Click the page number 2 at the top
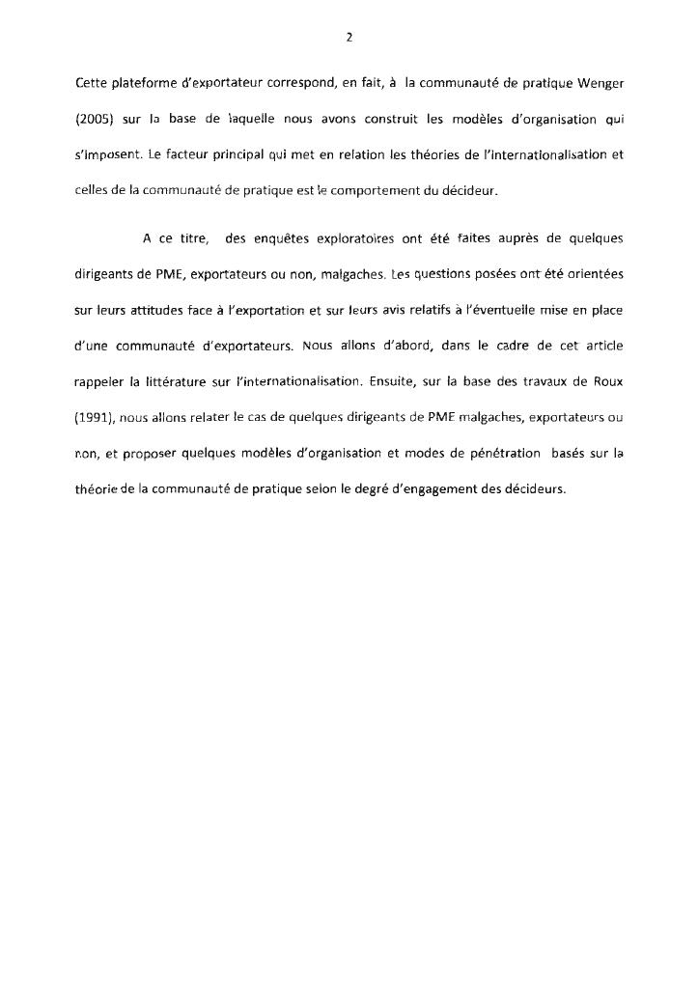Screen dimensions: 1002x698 coord(349,38)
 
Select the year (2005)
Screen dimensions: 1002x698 coord(94,120)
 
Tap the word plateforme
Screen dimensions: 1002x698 coord(138,83)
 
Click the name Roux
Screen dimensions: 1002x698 coord(604,382)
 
